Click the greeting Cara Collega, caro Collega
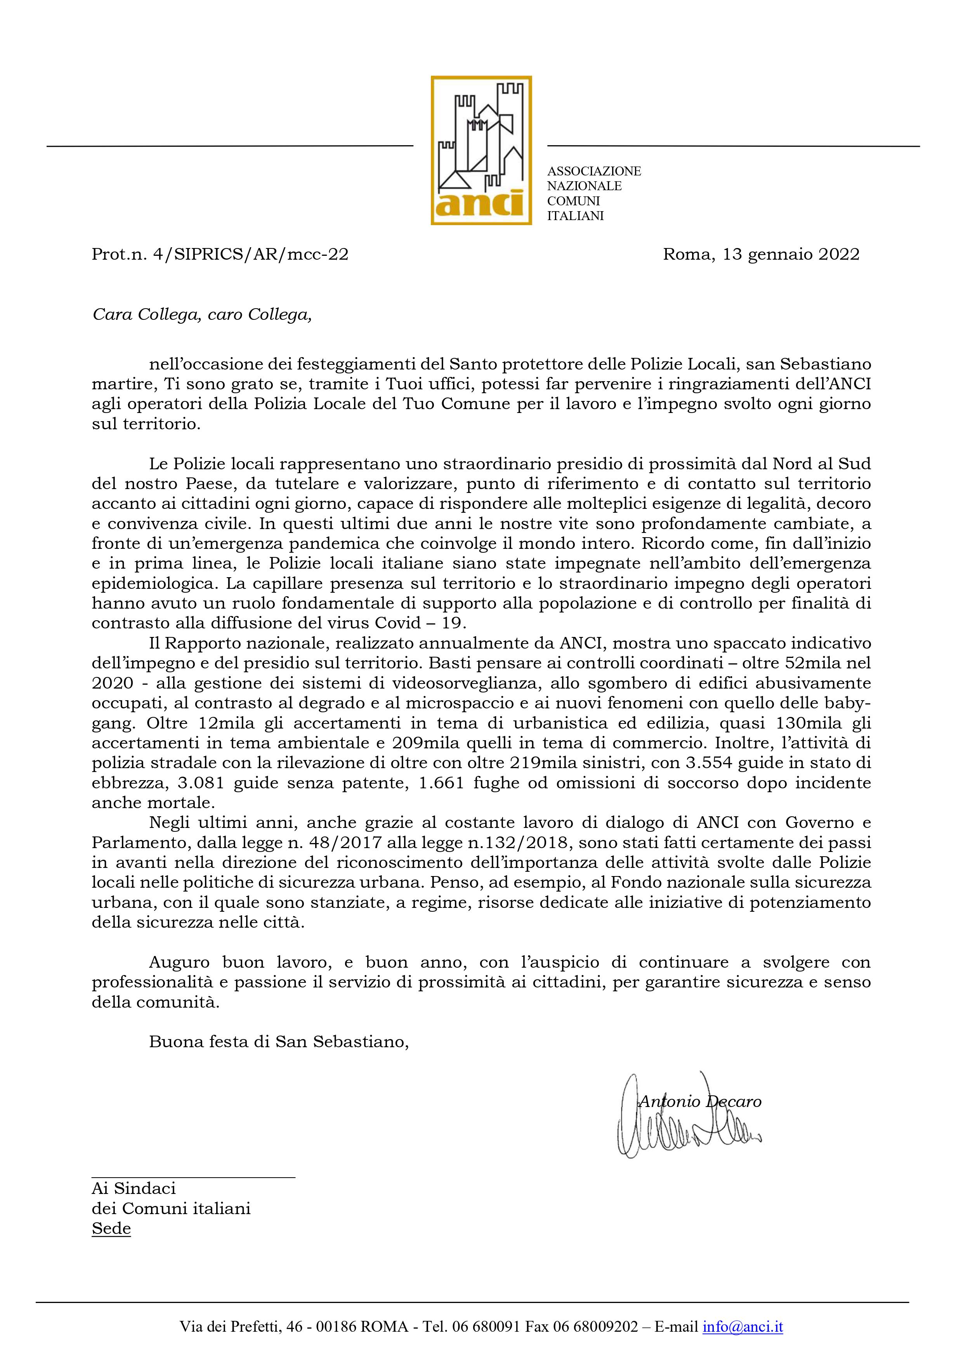click(202, 314)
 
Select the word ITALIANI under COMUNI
click(575, 216)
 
